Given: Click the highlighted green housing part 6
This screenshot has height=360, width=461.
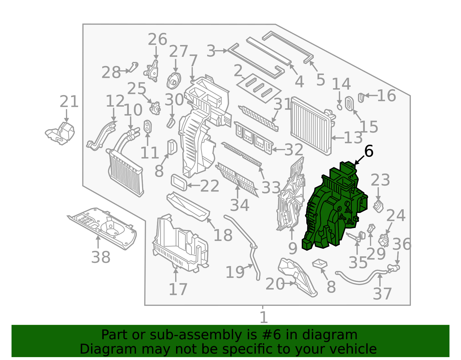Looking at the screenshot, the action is (333, 208).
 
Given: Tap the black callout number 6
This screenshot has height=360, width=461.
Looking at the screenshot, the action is (369, 151).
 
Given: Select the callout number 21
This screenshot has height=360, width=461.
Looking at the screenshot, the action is (69, 102).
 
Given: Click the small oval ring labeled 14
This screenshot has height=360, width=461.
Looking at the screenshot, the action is (339, 107).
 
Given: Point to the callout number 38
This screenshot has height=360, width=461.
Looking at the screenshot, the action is (101, 257).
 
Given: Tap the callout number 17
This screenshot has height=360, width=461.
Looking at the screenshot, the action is (178, 289).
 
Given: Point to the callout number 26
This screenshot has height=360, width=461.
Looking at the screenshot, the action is (157, 39).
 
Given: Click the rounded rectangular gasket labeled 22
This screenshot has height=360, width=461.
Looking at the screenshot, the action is (179, 183).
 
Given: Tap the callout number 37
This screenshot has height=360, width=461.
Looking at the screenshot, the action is (382, 294).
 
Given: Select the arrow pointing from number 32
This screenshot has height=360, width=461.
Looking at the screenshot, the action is (278, 150).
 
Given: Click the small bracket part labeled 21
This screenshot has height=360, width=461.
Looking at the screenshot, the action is (61, 134).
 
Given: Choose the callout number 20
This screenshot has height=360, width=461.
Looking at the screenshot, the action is (275, 284).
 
